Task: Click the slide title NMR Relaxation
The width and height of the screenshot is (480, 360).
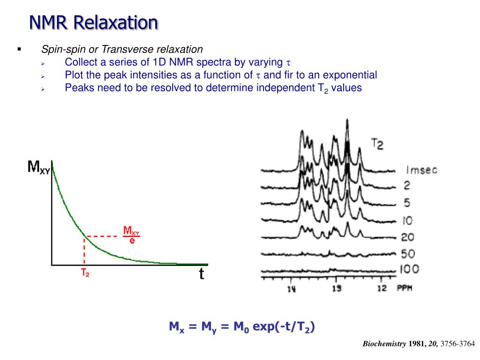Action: (94, 22)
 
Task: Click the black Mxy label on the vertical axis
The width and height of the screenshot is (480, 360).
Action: (39, 167)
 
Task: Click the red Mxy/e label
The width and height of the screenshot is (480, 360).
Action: (132, 236)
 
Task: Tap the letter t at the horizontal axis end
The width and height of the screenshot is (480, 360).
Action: (202, 273)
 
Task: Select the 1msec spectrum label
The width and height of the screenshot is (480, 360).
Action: (419, 170)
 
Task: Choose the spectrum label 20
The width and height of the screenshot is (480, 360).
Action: (408, 237)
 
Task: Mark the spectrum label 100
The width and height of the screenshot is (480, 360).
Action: (409, 270)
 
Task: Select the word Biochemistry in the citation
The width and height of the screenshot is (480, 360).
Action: (385, 344)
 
